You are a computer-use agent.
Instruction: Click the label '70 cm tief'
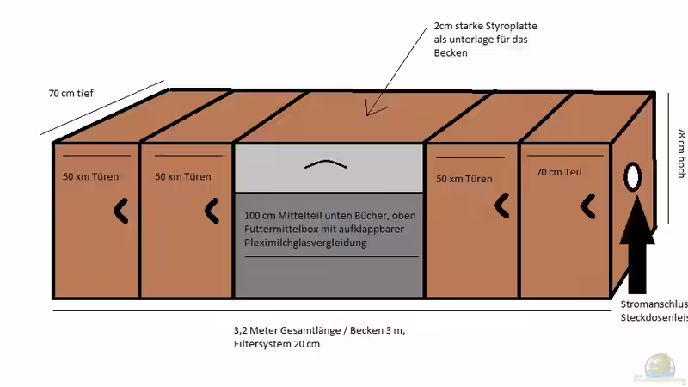(72, 92)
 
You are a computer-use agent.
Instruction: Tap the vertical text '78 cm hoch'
(680, 153)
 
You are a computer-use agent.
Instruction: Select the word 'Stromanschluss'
(654, 304)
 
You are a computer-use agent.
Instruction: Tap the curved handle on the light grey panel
(329, 163)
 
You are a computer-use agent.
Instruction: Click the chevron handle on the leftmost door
(121, 209)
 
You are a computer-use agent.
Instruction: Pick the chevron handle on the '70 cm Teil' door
(588, 205)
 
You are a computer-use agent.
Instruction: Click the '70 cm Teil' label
(558, 172)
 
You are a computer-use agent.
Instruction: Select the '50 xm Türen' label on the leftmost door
(90, 177)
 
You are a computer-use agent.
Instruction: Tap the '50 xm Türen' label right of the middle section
(464, 179)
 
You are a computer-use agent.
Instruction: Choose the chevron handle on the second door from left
(212, 209)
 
